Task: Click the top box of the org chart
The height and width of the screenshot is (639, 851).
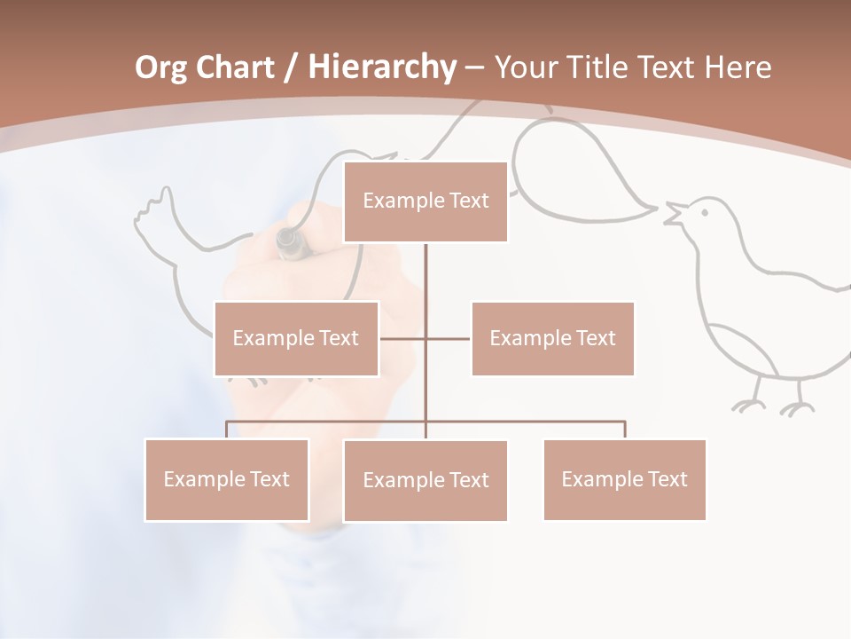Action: coord(425,201)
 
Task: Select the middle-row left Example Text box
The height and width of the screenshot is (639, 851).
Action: coord(296,338)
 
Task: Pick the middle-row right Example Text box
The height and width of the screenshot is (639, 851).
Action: coord(552,338)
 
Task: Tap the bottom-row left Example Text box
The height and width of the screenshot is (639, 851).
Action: coord(226,479)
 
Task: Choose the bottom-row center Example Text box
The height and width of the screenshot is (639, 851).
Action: coord(425,480)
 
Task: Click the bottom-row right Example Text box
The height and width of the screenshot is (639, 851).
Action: coord(624,479)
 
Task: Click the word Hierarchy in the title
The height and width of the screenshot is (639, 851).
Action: coord(382,67)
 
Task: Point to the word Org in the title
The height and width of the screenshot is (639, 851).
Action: coord(160,67)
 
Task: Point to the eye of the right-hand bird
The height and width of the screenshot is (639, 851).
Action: coord(704,211)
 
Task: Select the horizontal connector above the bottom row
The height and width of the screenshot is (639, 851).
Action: coord(425,422)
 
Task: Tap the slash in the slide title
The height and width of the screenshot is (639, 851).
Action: coord(291,67)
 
